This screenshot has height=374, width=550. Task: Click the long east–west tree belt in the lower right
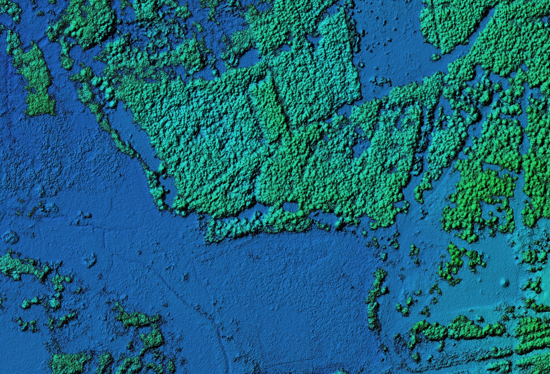457,329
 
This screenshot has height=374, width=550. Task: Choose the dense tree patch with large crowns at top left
85,22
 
